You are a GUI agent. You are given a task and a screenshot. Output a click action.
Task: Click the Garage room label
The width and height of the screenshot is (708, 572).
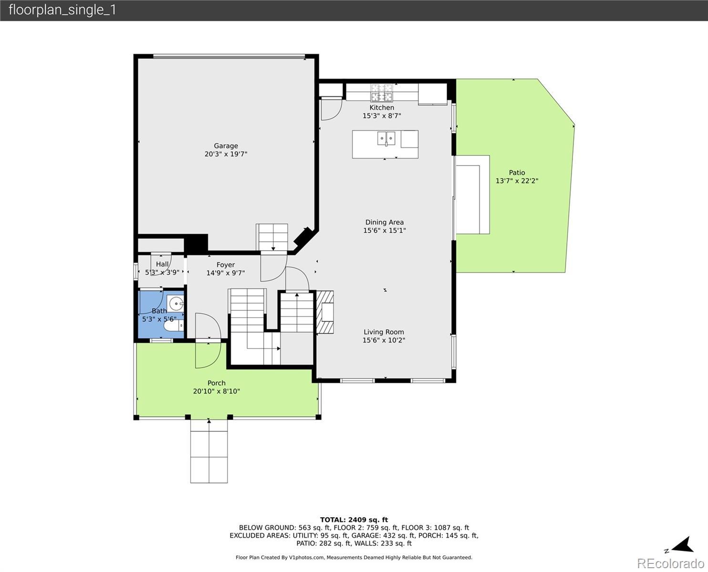(226, 146)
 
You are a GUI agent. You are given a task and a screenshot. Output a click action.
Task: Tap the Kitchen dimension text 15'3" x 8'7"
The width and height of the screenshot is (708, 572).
(382, 116)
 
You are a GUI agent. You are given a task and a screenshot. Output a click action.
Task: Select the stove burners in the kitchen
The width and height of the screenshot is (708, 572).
(382, 92)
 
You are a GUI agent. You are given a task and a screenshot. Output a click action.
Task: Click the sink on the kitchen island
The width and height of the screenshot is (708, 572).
(386, 138)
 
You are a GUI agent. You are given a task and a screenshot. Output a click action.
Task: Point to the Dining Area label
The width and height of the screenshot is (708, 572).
(385, 222)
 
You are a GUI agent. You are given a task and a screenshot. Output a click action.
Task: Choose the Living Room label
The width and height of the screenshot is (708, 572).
(384, 332)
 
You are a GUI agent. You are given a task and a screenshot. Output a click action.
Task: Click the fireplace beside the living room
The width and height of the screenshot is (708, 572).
(325, 312)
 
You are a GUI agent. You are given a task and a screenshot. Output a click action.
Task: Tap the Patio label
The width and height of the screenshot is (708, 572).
(517, 173)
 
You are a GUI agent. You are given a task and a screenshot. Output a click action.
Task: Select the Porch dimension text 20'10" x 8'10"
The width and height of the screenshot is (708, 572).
(217, 391)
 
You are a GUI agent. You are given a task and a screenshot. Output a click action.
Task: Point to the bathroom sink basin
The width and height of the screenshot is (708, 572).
(175, 304)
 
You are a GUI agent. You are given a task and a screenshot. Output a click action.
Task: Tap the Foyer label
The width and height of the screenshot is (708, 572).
(225, 265)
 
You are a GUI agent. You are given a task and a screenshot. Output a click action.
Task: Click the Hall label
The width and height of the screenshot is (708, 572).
(162, 264)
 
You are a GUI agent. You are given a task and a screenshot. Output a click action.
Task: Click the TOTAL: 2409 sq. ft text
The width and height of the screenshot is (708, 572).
(354, 520)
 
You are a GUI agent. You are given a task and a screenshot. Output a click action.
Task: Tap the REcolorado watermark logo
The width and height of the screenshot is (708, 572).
(670, 563)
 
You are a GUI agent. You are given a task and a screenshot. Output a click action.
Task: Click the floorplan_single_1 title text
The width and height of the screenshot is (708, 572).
(62, 10)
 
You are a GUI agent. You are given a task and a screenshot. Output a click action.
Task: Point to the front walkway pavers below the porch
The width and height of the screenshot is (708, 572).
(209, 451)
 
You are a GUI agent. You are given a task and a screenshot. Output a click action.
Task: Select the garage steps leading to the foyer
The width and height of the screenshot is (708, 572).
(271, 237)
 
